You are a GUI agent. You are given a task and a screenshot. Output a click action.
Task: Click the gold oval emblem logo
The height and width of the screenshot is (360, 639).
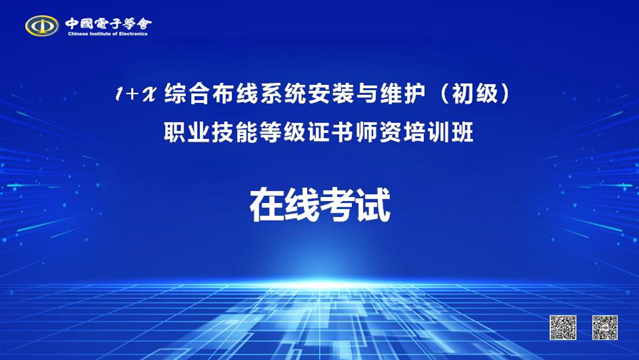(x=42, y=25)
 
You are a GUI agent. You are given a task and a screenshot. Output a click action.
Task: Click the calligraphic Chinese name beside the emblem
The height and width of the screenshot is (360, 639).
(x=108, y=23)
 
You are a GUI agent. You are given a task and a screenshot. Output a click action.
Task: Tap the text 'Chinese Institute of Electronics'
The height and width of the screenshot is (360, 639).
(x=108, y=34)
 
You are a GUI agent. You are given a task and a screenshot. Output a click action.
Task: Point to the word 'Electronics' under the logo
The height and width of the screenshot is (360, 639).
(x=133, y=34)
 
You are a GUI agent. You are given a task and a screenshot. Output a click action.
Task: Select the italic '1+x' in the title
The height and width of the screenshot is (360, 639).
(x=136, y=94)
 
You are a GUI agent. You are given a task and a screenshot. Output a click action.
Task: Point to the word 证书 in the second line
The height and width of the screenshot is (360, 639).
(x=331, y=132)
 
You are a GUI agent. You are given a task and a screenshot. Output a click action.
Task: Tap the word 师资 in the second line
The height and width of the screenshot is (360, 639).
(x=379, y=132)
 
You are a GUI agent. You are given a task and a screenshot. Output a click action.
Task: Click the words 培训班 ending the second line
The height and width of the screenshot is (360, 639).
(x=439, y=132)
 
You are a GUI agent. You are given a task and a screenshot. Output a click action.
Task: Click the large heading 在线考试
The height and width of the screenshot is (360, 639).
(x=320, y=204)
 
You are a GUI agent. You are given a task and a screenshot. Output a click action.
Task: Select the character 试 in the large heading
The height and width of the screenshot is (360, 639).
(x=373, y=204)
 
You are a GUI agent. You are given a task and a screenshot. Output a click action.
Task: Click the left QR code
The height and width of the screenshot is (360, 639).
(x=563, y=327)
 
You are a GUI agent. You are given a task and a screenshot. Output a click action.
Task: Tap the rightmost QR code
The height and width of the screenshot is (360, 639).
(x=605, y=327)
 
